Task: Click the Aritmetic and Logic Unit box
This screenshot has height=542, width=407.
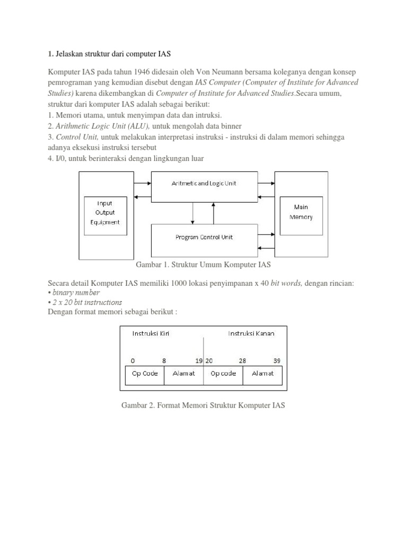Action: pyautogui.click(x=204, y=183)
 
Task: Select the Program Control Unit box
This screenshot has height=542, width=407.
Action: pyautogui.click(x=204, y=237)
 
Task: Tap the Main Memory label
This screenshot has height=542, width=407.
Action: pyautogui.click(x=300, y=212)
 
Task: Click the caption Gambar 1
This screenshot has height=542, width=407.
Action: pyautogui.click(x=204, y=265)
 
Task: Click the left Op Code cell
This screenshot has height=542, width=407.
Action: pyautogui.click(x=145, y=374)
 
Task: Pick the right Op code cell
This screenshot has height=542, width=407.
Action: pyautogui.click(x=223, y=374)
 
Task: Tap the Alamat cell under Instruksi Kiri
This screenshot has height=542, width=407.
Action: pyautogui.click(x=184, y=374)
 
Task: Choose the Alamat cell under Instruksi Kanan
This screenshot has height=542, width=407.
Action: pyautogui.click(x=262, y=374)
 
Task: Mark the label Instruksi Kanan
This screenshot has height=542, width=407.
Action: pyautogui.click(x=251, y=333)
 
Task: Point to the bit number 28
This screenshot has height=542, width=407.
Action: pyautogui.click(x=242, y=360)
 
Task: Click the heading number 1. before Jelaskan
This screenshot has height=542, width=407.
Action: pyautogui.click(x=51, y=53)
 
